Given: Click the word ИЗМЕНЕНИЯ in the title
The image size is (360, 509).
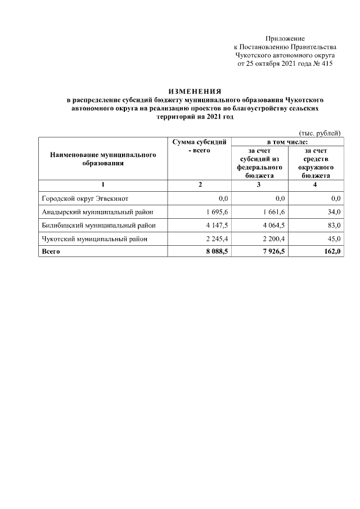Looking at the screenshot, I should pos(195,91).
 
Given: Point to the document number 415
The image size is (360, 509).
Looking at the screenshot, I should pos(326,64).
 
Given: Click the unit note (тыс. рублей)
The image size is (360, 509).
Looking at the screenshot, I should pos(319,132).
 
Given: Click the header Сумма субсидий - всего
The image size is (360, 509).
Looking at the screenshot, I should pos(199,147).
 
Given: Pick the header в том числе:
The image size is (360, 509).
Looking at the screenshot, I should pos(286,142).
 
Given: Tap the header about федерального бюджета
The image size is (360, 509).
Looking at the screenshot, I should pos(259,163).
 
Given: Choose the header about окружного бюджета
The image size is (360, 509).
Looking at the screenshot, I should pos(315,163).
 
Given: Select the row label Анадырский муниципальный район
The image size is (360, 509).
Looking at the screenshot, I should pos(97,211).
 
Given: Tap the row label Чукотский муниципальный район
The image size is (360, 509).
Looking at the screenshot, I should pos(95,238).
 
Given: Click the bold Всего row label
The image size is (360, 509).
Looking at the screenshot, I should pos(51,251).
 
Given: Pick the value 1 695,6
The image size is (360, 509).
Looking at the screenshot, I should pos(214,211).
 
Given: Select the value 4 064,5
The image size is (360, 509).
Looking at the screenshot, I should pos(272,225).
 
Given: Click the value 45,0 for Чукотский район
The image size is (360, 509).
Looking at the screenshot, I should pos(332,238).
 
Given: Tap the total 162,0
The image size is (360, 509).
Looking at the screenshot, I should pos(331,251).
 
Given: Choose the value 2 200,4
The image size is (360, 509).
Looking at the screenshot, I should pos(272,238).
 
